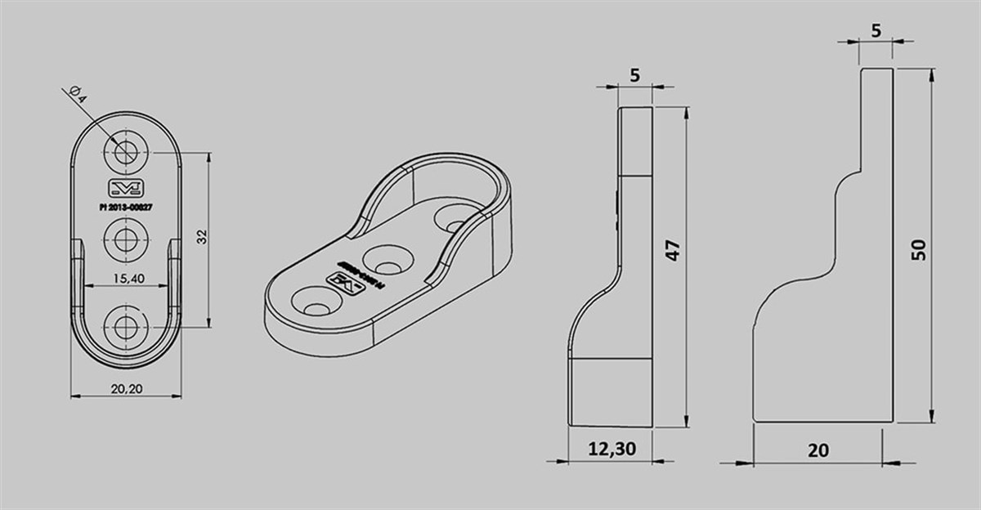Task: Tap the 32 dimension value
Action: pos(203,237)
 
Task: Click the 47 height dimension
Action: pos(672,250)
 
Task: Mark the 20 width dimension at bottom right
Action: pos(818,450)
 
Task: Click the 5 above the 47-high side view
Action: pos(635,74)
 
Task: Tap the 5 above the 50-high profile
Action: pos(876,31)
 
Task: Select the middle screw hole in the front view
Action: pos(125,240)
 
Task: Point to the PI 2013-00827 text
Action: pos(125,208)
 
